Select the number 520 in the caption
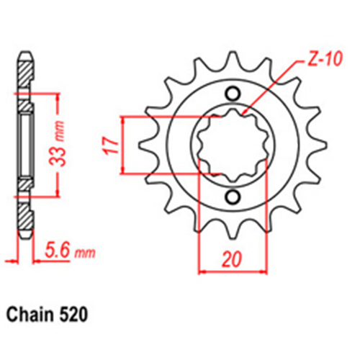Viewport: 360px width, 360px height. (75, 315)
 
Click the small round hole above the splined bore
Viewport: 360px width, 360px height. (233, 93)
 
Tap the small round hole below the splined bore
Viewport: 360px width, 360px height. (233, 196)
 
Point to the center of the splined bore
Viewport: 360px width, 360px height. (233, 144)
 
